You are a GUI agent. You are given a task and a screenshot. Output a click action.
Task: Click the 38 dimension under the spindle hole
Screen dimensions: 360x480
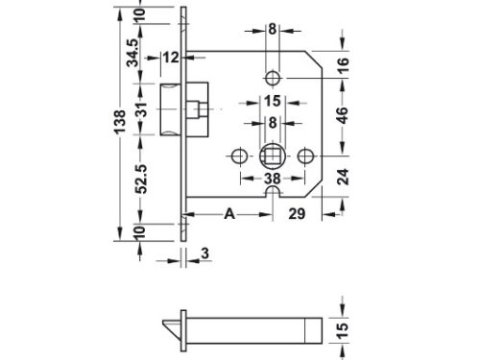point(272,179)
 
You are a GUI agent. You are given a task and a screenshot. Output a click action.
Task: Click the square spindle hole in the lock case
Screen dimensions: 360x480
point(272,154)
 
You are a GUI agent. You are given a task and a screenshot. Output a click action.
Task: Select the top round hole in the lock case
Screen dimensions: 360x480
point(273,75)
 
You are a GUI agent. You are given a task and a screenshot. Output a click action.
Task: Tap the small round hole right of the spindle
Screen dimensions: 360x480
point(306,154)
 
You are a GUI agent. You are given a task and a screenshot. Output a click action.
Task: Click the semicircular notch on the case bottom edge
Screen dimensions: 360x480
point(273,198)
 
